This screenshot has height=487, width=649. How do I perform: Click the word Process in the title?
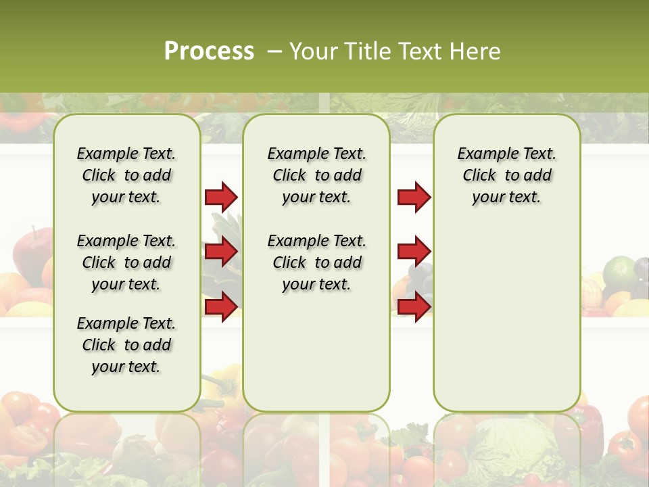pos(209,51)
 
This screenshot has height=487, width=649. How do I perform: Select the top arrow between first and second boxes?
pos(221,197)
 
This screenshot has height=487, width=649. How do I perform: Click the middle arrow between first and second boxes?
pos(221,252)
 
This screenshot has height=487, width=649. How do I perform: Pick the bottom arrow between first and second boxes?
pos(221,306)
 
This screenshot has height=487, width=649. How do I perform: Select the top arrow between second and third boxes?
pos(414,197)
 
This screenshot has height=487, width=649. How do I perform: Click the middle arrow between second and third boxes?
pos(414,252)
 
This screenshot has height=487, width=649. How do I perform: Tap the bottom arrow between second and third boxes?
pos(414,306)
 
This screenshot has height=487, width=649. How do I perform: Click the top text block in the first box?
pos(126,175)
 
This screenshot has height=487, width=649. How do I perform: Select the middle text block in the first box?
pos(126,262)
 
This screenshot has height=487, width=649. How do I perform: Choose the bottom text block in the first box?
pos(126,345)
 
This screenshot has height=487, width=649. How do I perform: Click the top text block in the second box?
pos(316,175)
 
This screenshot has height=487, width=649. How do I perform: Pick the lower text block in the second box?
pos(316,262)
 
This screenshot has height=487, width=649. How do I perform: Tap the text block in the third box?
pos(506,175)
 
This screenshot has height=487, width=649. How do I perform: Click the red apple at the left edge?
pos(32,250)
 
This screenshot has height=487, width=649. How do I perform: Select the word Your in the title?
pos(312,51)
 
